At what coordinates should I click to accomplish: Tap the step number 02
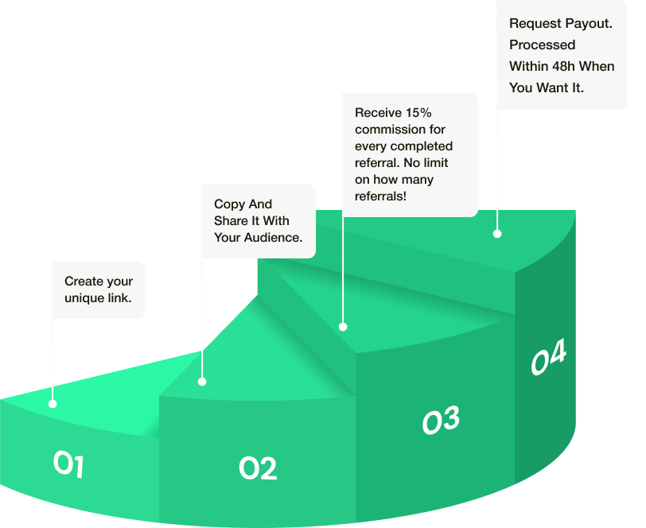pos(258,468)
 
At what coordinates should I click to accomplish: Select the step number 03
pos(441,420)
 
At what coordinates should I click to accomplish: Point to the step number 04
pos(549,358)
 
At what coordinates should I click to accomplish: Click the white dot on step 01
pos(53,403)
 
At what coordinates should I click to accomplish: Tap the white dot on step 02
pos(202,382)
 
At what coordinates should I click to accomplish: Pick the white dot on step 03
pos(343,326)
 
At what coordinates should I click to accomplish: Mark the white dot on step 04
pos(497,234)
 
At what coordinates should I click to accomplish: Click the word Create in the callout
pos(84,281)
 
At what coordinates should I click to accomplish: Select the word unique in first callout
pos(83,298)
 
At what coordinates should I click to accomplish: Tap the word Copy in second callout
pos(229,204)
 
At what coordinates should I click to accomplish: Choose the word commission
pos(388,129)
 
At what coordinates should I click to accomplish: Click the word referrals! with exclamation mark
pos(380,196)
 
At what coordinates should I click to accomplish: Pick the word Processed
pos(543,45)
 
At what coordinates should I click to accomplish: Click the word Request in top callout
pos(531,24)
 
